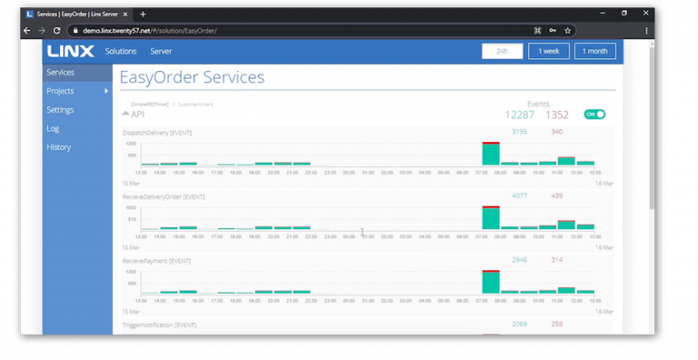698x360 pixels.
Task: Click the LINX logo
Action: point(69,52)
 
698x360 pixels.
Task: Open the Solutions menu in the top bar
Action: point(120,52)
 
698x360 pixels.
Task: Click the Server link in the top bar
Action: point(161,52)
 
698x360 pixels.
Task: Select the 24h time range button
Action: point(502,52)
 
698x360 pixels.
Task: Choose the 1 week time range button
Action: point(549,52)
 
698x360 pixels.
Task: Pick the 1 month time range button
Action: point(594,52)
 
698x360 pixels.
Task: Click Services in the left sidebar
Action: point(61,73)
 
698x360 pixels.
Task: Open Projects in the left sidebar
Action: point(61,91)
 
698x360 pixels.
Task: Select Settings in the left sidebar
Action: point(60,110)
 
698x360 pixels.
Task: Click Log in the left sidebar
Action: point(53,128)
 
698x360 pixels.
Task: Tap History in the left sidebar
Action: point(58,147)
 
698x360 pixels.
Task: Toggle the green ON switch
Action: point(594,115)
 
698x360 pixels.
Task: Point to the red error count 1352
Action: point(557,115)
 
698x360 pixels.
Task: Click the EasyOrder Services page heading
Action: point(192,77)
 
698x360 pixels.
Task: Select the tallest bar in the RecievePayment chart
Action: point(491,281)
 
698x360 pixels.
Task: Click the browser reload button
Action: point(57,30)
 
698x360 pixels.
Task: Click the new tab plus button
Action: point(143,14)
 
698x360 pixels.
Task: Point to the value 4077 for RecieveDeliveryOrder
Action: point(519,195)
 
